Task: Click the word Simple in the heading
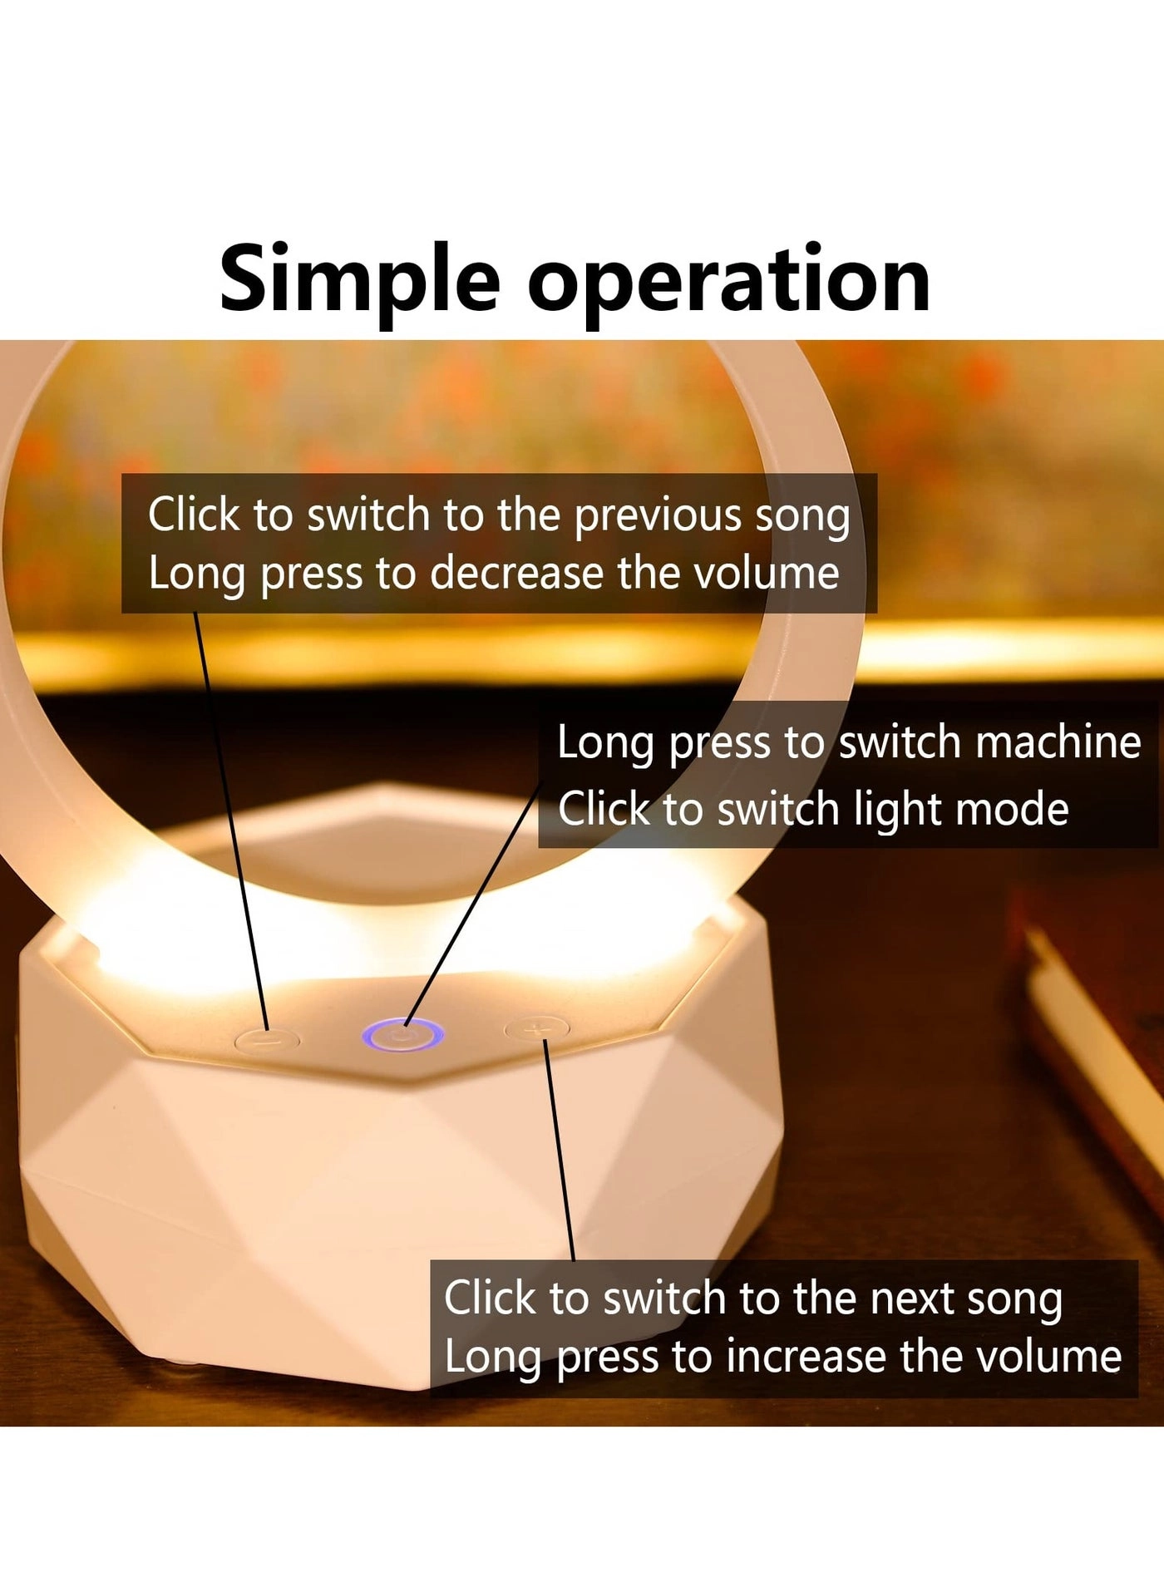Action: pyautogui.click(x=359, y=281)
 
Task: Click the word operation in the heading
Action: pyautogui.click(x=728, y=281)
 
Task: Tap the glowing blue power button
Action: pyautogui.click(x=402, y=1035)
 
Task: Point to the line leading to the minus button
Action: pyautogui.click(x=231, y=821)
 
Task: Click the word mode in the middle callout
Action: pyautogui.click(x=1012, y=809)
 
